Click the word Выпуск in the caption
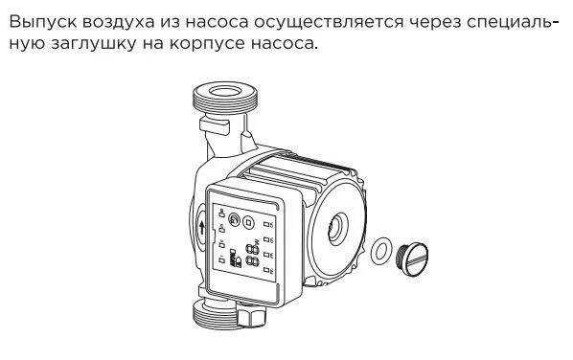coord(43,22)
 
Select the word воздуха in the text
coord(118,23)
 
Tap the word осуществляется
coord(329,23)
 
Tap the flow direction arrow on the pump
coord(202,228)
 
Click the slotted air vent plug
coord(411,259)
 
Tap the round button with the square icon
coord(249,222)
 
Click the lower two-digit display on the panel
coord(253,261)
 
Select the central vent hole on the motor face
coord(337,229)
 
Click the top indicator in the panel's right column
coord(267,224)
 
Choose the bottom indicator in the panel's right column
coord(267,270)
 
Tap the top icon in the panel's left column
coord(221,212)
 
